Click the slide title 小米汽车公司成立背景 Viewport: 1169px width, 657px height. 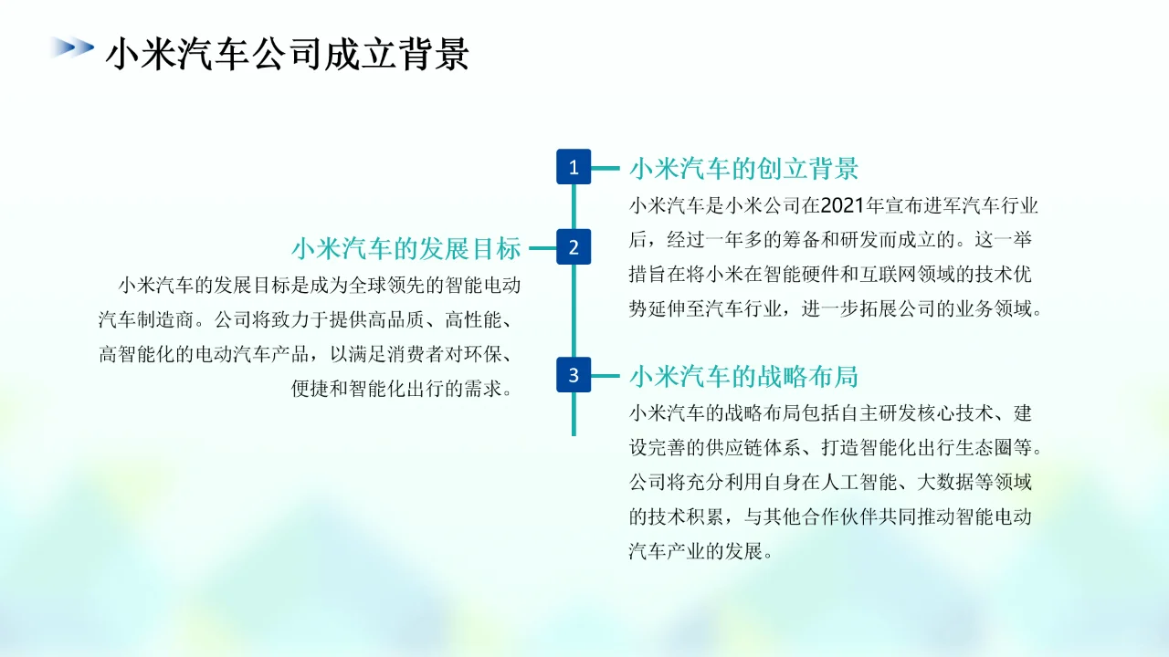tap(288, 54)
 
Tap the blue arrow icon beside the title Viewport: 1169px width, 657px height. tap(72, 47)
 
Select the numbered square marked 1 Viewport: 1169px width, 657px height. tap(574, 167)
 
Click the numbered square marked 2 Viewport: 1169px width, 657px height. tap(574, 246)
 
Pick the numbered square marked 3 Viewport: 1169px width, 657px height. tap(574, 374)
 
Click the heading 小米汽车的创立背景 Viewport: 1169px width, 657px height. tap(743, 169)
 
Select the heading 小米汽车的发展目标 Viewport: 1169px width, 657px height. tap(406, 248)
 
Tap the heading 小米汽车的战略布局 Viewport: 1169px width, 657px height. tap(743, 376)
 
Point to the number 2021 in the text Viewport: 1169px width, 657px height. tap(841, 205)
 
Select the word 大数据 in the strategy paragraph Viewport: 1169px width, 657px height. tap(958, 482)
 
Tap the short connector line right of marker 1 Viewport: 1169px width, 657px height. tap(606, 168)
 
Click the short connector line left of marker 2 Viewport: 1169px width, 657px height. tap(542, 247)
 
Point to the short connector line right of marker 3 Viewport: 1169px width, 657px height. tap(606, 375)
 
